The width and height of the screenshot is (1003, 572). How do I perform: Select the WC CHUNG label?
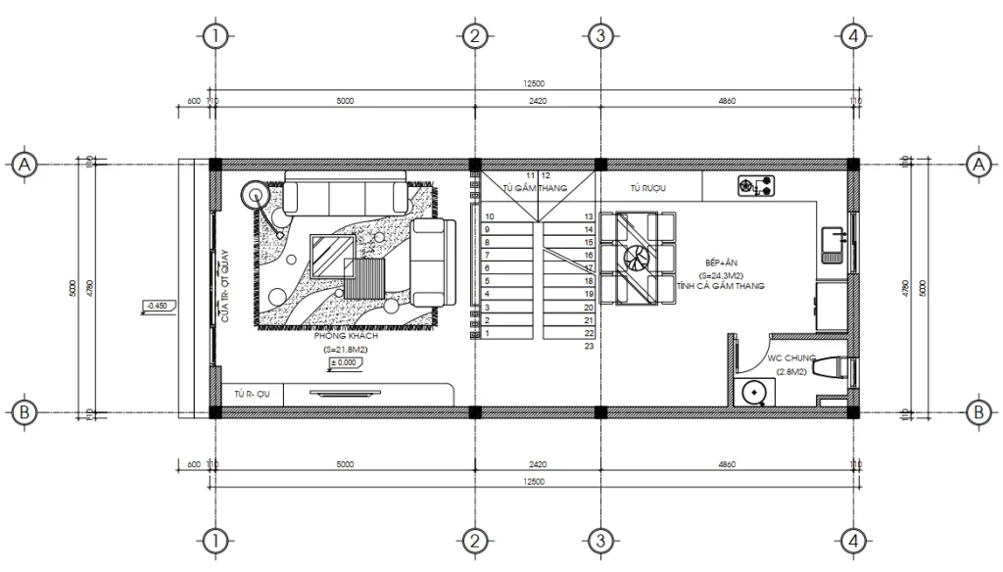point(789,357)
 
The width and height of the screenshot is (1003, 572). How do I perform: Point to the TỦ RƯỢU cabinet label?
point(648,188)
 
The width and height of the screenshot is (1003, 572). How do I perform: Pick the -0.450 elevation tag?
point(157,306)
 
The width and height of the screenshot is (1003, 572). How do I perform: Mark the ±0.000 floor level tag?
point(342,363)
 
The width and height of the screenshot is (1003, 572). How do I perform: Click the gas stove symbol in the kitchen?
point(755,183)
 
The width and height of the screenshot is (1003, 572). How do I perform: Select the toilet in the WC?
point(833,369)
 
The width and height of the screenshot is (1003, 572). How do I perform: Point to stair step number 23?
point(589,346)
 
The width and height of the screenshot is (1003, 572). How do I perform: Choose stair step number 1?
point(488,333)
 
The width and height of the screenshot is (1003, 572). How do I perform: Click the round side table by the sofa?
point(257,193)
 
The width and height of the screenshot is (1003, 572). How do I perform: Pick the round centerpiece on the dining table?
point(636,258)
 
